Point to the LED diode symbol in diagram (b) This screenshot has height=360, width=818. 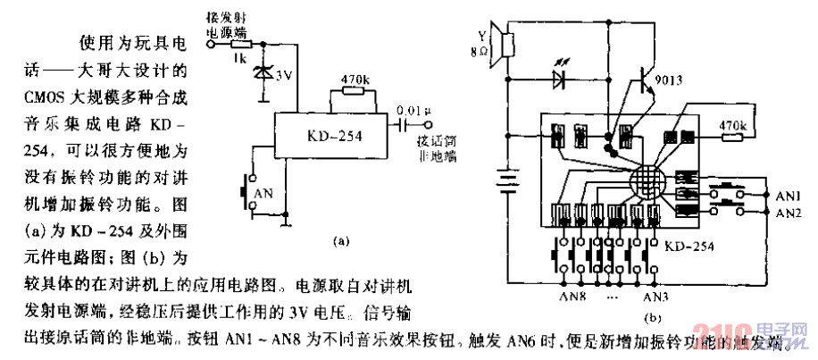tap(560, 79)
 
